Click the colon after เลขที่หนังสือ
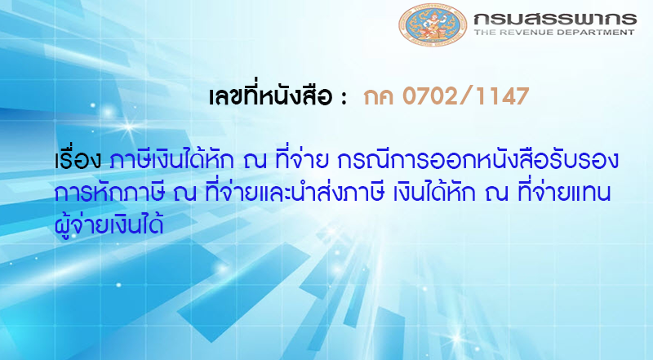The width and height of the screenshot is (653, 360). (x=344, y=98)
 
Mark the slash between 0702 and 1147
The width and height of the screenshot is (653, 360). (x=469, y=96)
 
